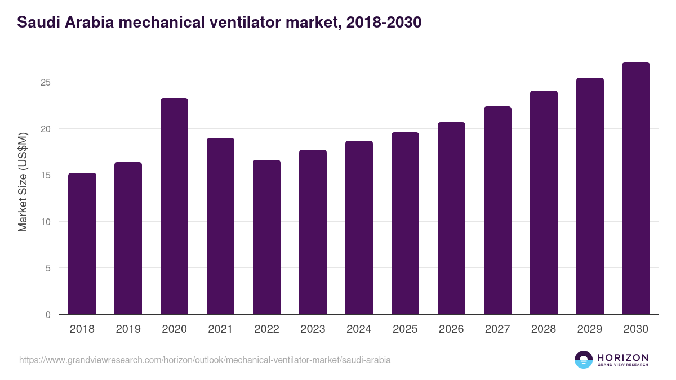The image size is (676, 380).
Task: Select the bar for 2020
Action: [x=174, y=206]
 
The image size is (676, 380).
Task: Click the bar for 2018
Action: [x=82, y=243]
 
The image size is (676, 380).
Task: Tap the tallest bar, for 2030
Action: [x=636, y=189]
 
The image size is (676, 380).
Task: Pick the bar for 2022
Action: [x=266, y=237]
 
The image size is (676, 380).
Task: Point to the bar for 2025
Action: [x=405, y=223]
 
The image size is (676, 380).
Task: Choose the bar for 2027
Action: [x=497, y=211]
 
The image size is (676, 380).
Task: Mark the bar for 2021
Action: [x=220, y=226]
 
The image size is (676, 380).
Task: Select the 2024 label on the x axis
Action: [x=359, y=329]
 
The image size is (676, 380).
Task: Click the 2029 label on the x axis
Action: [x=590, y=329]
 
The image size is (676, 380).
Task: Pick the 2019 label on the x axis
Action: [x=128, y=329]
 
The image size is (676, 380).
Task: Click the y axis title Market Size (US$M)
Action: [x=23, y=182]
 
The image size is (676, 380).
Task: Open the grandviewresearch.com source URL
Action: [x=204, y=360]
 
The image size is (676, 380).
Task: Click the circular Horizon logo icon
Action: [x=584, y=360]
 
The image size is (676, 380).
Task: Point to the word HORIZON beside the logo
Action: [x=622, y=357]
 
